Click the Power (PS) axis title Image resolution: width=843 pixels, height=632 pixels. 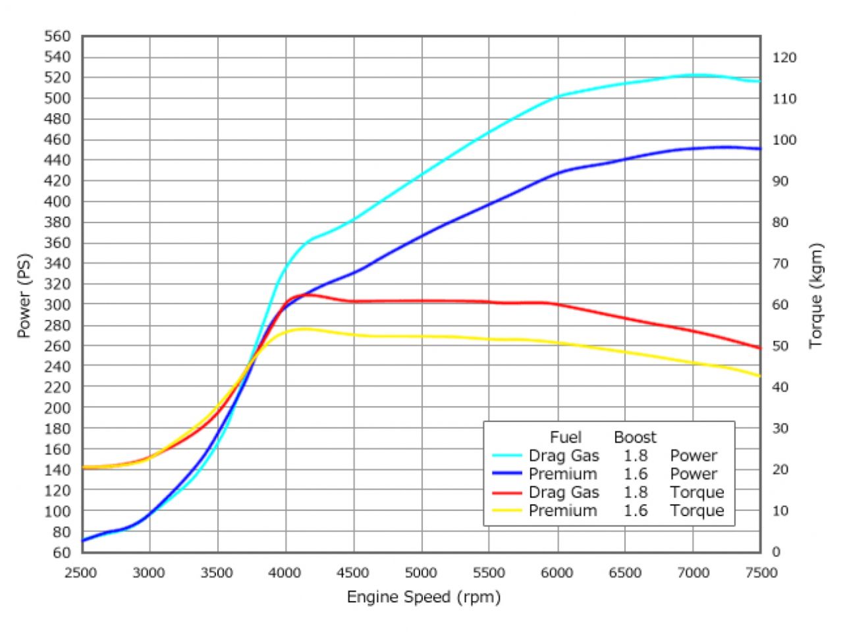(x=24, y=295)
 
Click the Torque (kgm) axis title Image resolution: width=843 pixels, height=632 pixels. (x=817, y=295)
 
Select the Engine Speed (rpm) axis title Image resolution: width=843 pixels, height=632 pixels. (x=423, y=597)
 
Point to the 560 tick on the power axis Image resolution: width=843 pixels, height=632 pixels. (x=57, y=37)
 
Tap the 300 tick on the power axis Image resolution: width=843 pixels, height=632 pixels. (x=57, y=304)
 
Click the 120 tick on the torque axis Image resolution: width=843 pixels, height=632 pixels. (x=784, y=58)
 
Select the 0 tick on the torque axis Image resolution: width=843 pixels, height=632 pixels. (x=776, y=552)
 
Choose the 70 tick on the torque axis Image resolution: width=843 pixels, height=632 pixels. (x=780, y=263)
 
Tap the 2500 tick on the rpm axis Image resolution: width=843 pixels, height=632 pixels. (x=82, y=573)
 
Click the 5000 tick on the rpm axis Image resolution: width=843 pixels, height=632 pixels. (x=421, y=573)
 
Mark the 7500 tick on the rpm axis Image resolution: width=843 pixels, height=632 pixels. (x=761, y=573)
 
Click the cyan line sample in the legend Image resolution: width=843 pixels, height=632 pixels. (x=507, y=456)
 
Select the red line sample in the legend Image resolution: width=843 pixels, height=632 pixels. (x=507, y=492)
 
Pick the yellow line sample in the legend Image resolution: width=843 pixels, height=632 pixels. (x=507, y=511)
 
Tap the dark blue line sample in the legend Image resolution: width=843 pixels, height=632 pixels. (x=507, y=474)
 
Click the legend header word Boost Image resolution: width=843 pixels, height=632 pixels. (x=635, y=437)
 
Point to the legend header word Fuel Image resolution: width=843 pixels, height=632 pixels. (x=566, y=437)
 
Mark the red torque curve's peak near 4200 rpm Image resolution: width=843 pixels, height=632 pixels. (x=307, y=294)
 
